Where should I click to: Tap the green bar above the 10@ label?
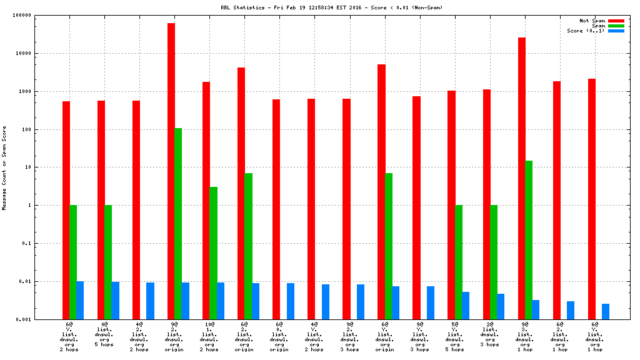tap(213, 252)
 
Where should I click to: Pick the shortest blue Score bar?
tap(606, 311)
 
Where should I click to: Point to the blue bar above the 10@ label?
tap(221, 301)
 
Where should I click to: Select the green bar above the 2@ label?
tap(493, 262)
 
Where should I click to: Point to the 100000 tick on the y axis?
tap(22, 16)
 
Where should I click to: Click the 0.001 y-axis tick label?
tap(24, 319)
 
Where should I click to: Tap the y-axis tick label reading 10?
tap(28, 167)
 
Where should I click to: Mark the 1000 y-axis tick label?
tap(25, 92)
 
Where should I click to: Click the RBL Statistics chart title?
tap(319, 7)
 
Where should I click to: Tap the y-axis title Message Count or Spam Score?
tap(4, 167)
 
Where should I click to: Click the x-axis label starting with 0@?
tap(104, 334)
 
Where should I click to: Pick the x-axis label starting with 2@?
tap(489, 334)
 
